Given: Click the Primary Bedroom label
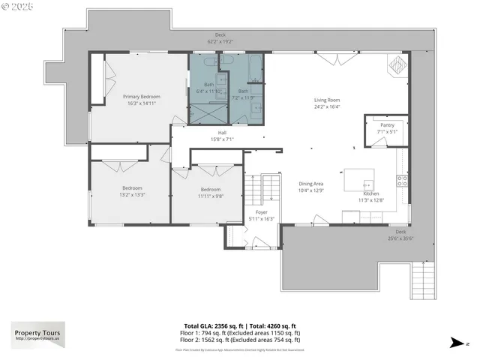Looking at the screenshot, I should [x=142, y=97].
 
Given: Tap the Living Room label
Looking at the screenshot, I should [x=327, y=100].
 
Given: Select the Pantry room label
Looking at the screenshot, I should [x=387, y=125].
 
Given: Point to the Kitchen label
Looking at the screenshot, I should [x=373, y=193].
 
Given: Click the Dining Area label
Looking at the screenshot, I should [x=311, y=184].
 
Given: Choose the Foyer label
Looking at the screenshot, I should [x=262, y=212].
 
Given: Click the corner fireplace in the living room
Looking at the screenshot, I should [x=397, y=66].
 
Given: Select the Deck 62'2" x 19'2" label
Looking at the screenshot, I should [x=220, y=37].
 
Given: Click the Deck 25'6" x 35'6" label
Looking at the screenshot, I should [x=400, y=235].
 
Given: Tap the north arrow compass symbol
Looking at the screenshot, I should [x=456, y=343].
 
